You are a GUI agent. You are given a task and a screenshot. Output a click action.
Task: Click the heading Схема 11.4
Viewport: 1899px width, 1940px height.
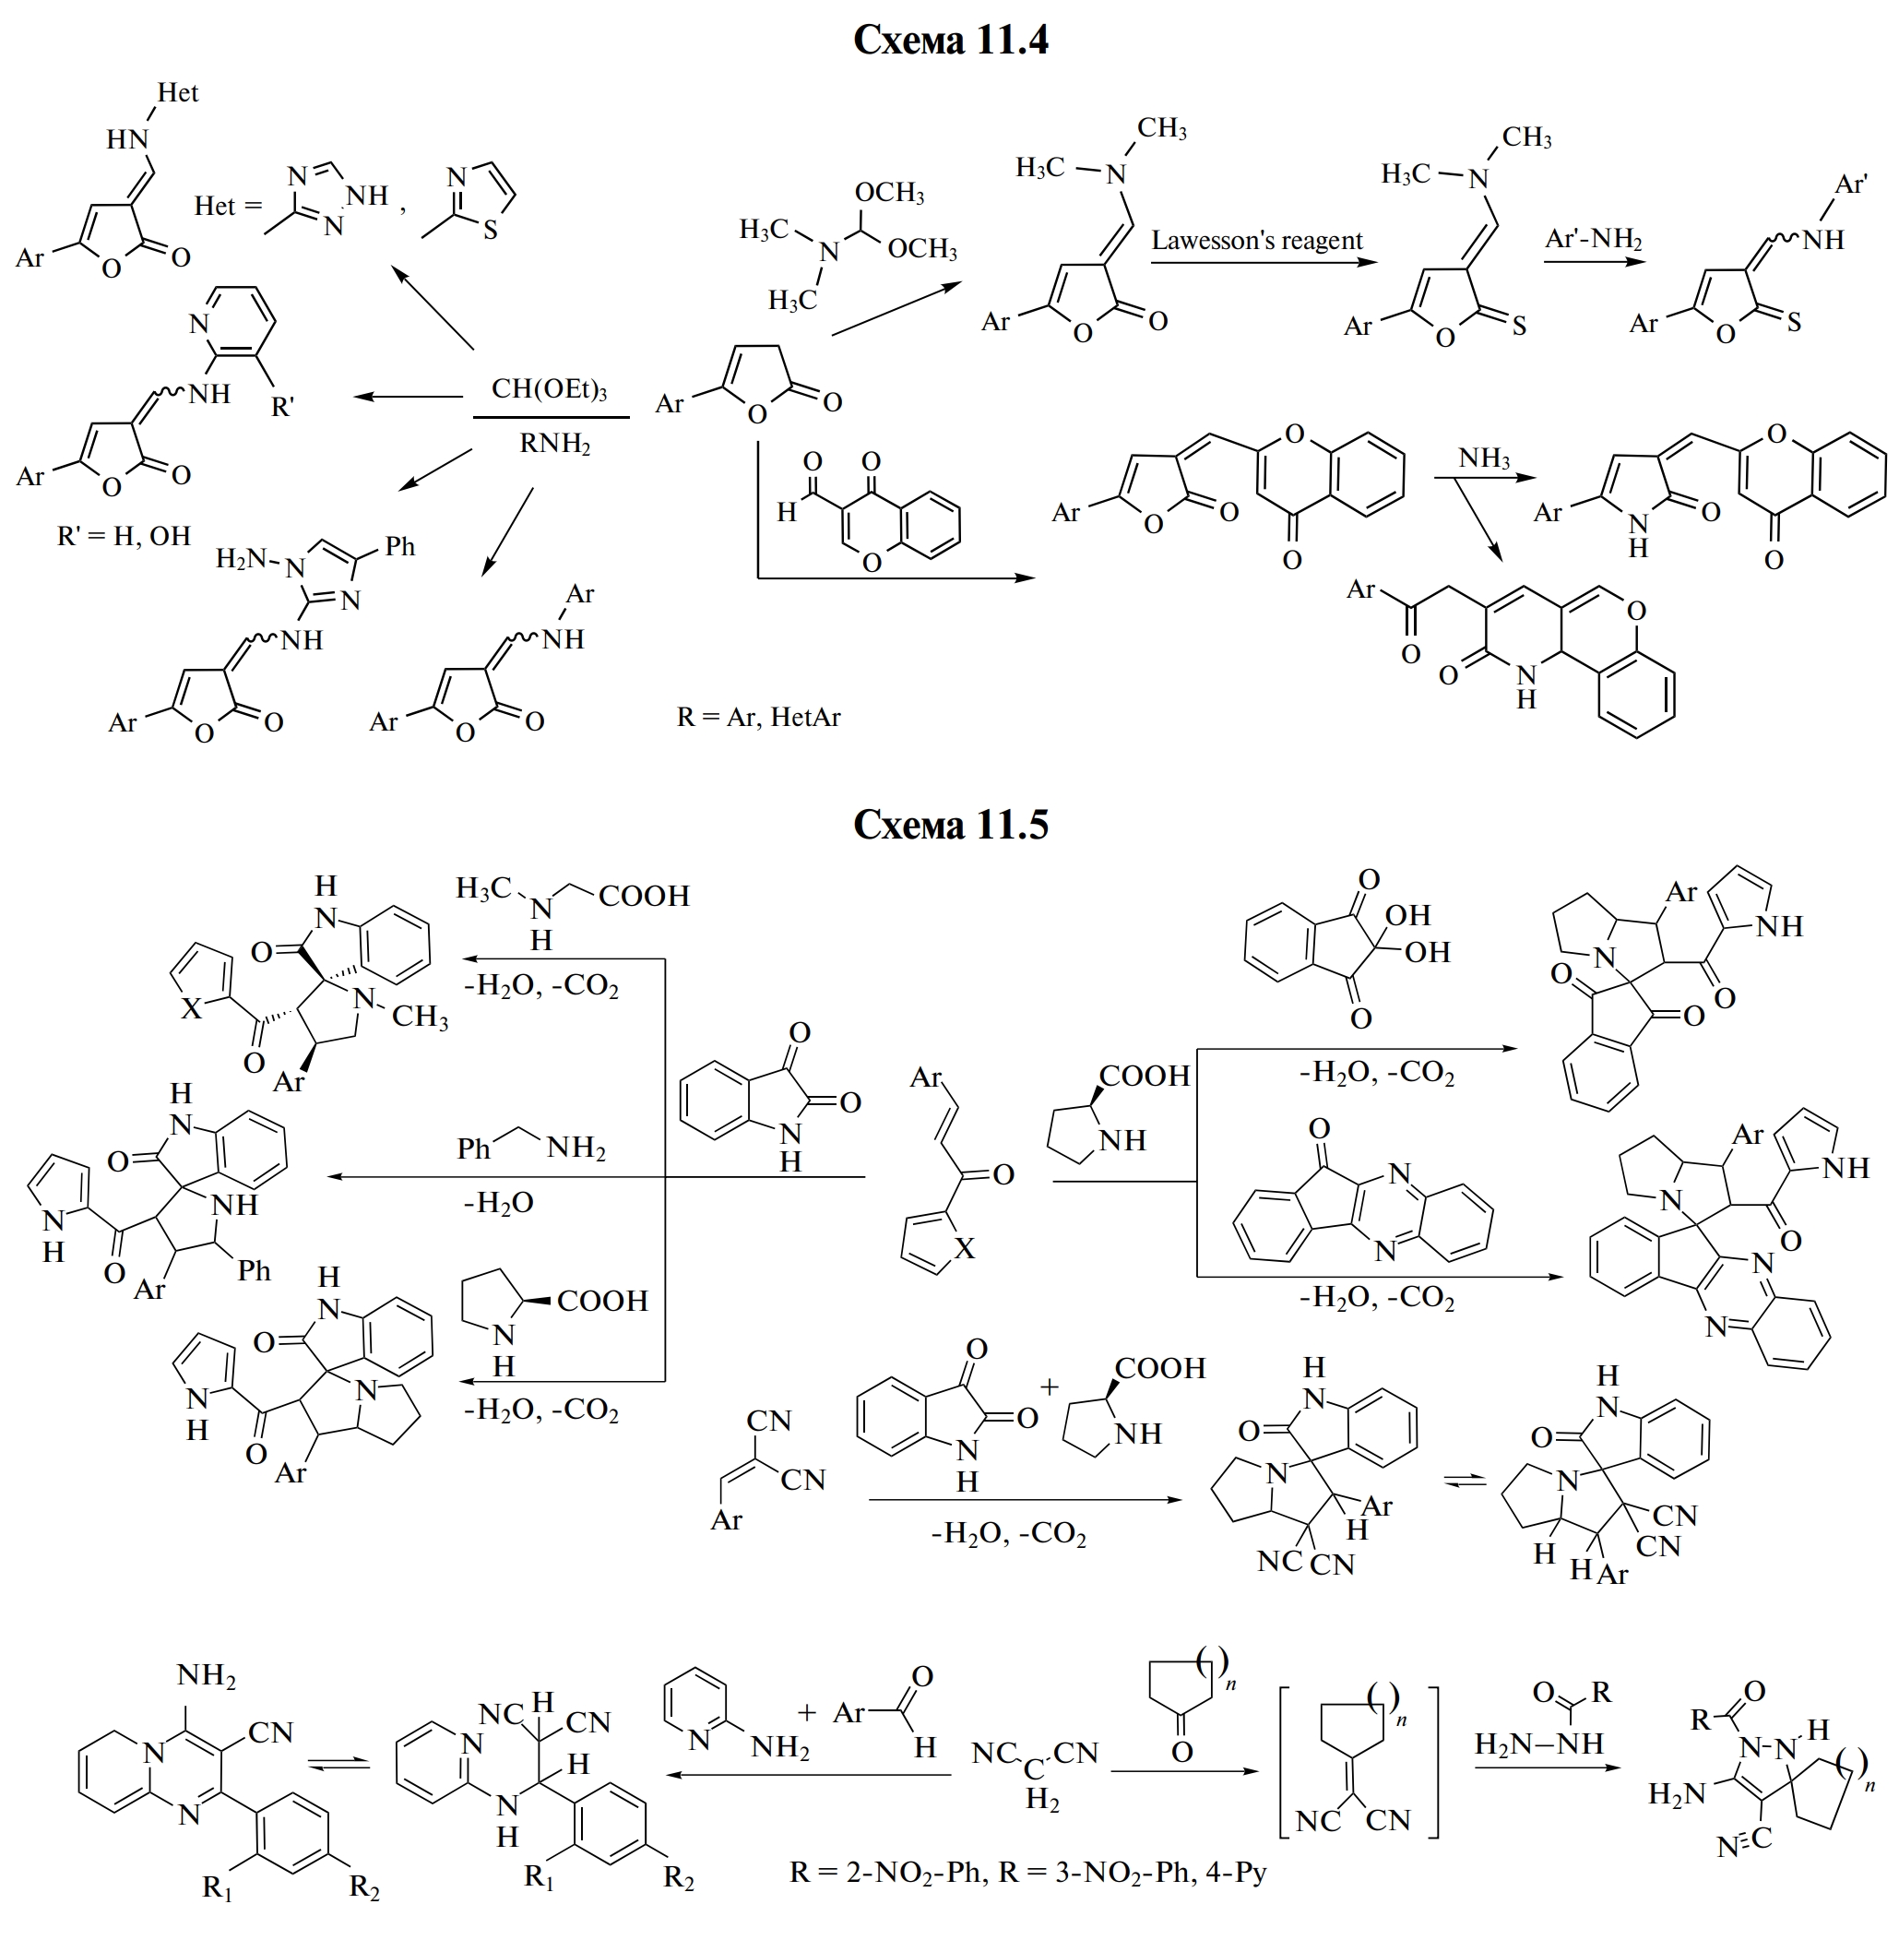950,40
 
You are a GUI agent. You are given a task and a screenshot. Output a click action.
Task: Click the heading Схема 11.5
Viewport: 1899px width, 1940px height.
950,825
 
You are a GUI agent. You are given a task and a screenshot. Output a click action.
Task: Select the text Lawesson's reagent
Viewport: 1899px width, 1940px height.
1257,241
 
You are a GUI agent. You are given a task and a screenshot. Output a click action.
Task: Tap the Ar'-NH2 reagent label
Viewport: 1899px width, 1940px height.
1593,239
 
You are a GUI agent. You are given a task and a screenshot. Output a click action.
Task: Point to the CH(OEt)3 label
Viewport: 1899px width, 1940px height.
549,389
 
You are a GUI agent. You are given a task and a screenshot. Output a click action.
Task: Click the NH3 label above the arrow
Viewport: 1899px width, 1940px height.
1484,458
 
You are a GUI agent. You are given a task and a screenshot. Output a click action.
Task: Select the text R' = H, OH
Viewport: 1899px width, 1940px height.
124,536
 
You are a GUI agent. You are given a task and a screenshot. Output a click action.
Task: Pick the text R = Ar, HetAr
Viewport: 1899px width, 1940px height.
758,717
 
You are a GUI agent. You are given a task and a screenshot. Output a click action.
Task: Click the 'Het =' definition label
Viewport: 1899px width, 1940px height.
228,207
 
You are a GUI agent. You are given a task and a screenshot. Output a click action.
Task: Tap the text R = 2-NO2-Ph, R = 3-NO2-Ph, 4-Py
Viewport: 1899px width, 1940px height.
1027,1872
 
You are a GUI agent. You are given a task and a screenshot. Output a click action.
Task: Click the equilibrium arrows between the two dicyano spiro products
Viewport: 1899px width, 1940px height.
1465,1482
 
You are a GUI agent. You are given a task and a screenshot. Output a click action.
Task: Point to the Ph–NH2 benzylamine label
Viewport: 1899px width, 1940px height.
530,1149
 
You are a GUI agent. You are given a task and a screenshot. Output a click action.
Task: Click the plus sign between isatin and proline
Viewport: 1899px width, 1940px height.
1049,1387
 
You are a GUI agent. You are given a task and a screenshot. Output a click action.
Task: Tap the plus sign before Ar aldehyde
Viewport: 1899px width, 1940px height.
807,1712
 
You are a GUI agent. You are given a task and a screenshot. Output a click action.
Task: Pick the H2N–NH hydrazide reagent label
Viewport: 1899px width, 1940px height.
1538,1744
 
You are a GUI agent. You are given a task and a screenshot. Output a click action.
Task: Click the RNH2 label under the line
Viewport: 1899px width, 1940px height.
554,443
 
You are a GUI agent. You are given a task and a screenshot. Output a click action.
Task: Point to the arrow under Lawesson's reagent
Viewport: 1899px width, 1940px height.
1263,263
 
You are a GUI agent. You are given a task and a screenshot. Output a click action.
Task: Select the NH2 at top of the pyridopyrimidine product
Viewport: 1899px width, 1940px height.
207,1674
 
